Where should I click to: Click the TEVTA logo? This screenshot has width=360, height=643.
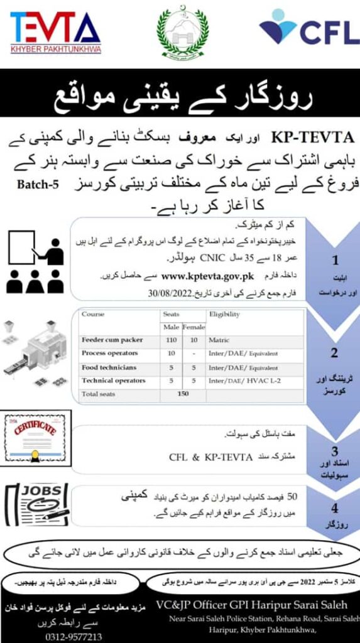tap(55, 32)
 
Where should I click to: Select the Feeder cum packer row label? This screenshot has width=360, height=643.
tap(112, 340)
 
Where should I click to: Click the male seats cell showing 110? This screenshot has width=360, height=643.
tap(171, 340)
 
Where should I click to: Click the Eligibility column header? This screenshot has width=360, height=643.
tap(225, 314)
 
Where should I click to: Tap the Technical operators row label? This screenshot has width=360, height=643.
tap(113, 381)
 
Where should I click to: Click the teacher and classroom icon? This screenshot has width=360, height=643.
tap(35, 261)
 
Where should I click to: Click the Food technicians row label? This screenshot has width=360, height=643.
tap(109, 367)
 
